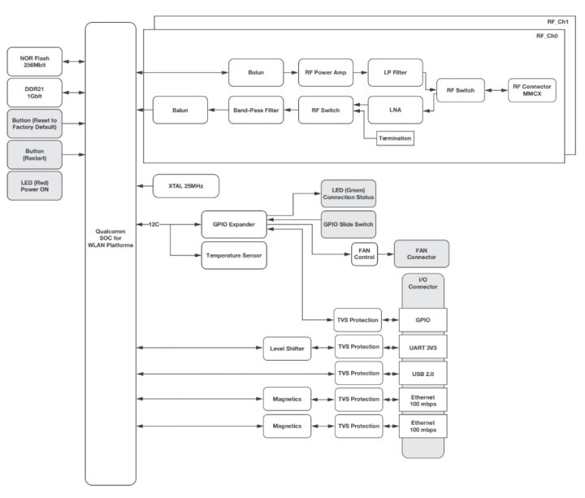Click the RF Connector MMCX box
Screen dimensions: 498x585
533,90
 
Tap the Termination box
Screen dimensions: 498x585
395,138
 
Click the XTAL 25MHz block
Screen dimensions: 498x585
187,186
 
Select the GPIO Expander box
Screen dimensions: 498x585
234,223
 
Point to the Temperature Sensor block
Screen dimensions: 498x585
234,255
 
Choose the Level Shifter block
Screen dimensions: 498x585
286,349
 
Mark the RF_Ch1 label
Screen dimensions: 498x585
557,22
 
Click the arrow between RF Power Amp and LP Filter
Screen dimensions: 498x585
358,72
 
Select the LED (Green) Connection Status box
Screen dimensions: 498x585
349,193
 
